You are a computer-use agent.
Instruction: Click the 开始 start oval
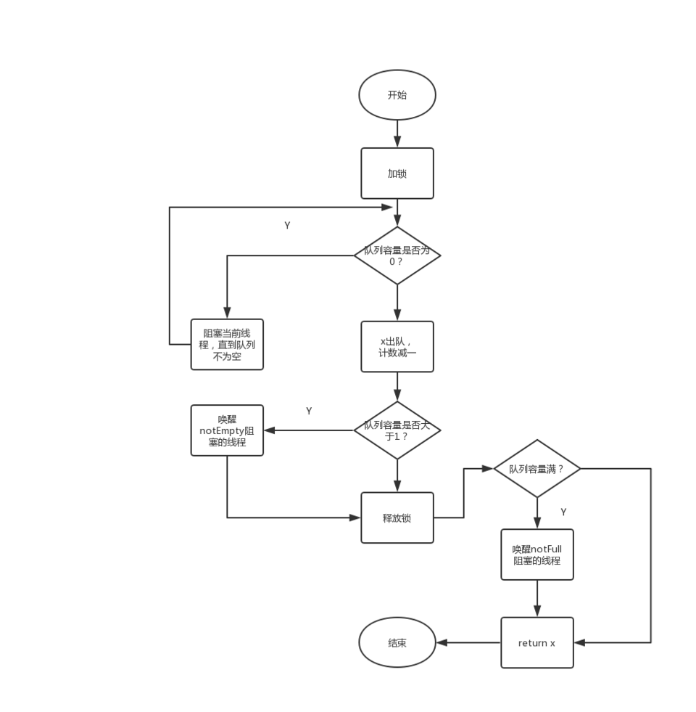coord(397,95)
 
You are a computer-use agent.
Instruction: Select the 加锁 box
coord(397,173)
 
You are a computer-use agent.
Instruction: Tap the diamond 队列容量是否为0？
coord(397,255)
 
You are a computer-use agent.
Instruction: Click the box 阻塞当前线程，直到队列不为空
coord(227,345)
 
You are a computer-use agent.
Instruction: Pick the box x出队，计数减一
coord(397,347)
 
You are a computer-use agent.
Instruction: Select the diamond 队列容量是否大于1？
coord(397,430)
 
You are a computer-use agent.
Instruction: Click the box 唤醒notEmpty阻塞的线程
coord(227,430)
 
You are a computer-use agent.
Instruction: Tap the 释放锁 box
coord(397,517)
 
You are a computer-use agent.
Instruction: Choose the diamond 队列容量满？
coord(537,469)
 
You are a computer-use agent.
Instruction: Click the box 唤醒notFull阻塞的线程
coord(537,555)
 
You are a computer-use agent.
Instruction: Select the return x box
coord(537,643)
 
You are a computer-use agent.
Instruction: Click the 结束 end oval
coord(397,643)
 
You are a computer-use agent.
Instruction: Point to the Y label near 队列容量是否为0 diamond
coord(287,226)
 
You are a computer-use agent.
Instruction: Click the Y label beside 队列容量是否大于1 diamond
coord(309,411)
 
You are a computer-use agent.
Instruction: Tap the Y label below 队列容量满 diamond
coord(563,512)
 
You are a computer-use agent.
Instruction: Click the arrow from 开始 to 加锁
coord(397,134)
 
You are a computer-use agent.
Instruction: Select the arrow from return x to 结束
coord(468,643)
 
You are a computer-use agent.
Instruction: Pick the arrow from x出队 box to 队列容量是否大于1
coord(397,387)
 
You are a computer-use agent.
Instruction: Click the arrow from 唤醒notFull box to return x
coord(537,599)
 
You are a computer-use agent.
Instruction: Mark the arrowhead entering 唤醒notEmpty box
coord(269,430)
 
